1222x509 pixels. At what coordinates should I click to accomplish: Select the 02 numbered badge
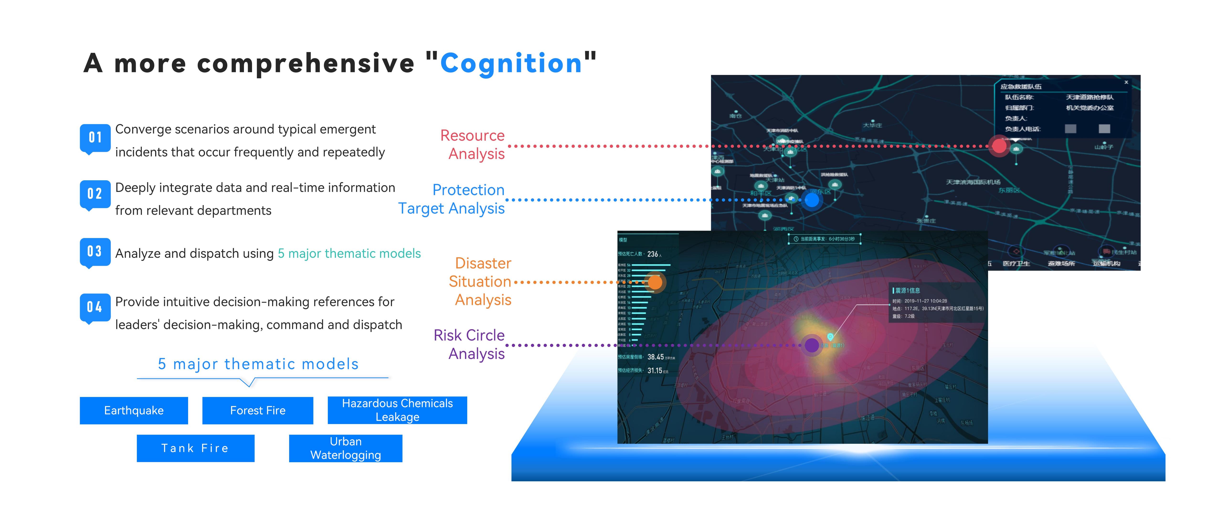pyautogui.click(x=95, y=194)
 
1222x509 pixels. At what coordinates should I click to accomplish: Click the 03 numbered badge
pyautogui.click(x=95, y=251)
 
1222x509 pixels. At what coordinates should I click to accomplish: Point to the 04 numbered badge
pyautogui.click(x=95, y=308)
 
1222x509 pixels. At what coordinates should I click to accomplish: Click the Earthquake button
pyautogui.click(x=134, y=410)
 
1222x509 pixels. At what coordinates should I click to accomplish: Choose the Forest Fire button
pyautogui.click(x=258, y=410)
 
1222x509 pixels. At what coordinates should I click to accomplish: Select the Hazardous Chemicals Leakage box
pyautogui.click(x=397, y=410)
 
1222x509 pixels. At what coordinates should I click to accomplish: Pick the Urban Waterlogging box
pyautogui.click(x=345, y=448)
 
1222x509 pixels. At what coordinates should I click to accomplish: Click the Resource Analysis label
pyautogui.click(x=472, y=145)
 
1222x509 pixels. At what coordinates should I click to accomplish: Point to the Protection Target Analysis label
pyautogui.click(x=452, y=199)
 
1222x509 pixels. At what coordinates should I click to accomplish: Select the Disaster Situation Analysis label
pyautogui.click(x=481, y=282)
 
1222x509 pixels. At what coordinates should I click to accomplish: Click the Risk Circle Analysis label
pyautogui.click(x=470, y=345)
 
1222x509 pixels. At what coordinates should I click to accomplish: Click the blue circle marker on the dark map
pyautogui.click(x=812, y=200)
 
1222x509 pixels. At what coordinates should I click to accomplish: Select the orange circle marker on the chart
pyautogui.click(x=655, y=282)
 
